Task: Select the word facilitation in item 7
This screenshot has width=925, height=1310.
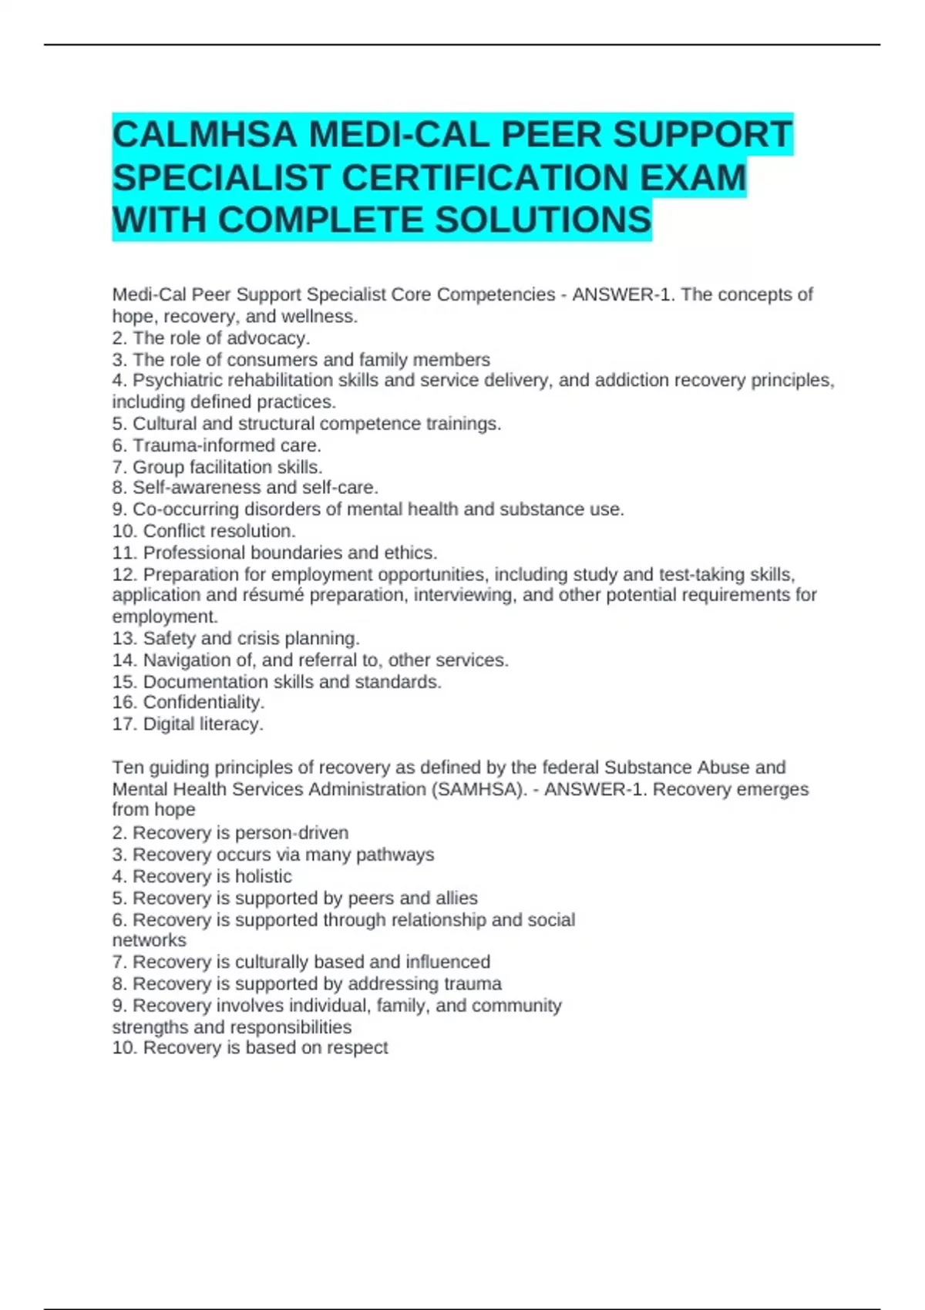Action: pos(230,467)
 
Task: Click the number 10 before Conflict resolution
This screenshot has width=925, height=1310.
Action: pos(124,531)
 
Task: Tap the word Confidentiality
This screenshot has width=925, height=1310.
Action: pos(203,703)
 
